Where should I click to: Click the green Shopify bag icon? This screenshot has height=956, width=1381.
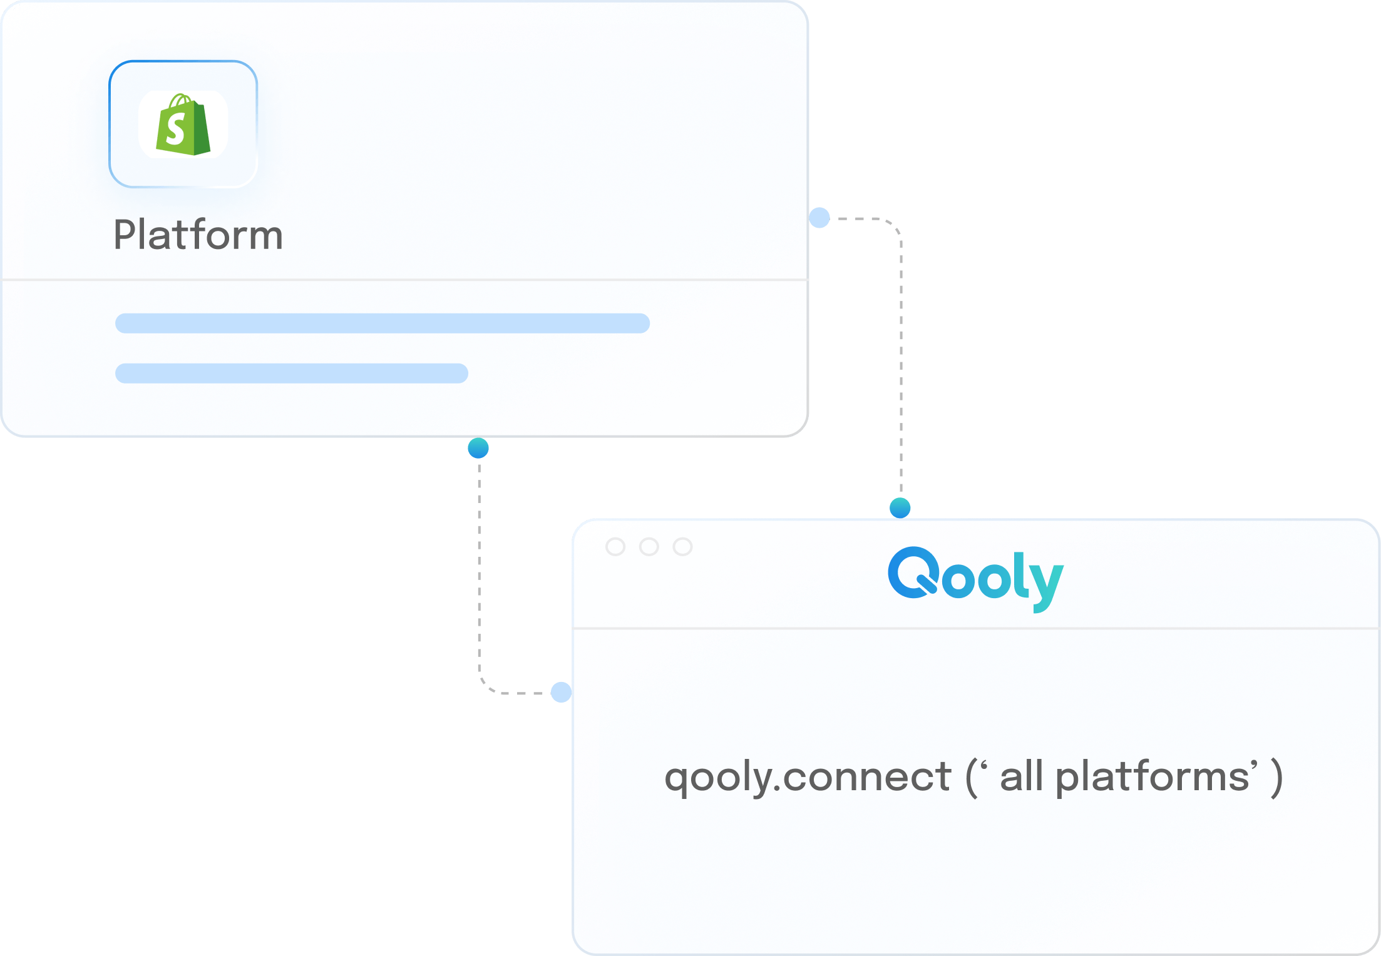(x=183, y=125)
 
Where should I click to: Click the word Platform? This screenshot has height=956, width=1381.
(x=198, y=235)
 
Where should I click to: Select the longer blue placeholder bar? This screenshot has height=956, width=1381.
(x=382, y=323)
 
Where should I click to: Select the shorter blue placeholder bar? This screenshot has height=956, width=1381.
(x=291, y=374)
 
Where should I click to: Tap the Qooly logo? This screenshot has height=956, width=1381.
(x=975, y=578)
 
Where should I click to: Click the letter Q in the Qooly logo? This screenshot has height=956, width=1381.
(x=912, y=572)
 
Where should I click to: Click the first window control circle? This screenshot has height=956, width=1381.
(x=615, y=547)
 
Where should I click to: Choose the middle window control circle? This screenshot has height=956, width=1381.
(x=649, y=547)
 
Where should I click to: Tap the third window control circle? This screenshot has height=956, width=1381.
(x=682, y=547)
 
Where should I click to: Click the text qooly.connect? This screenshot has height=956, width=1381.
(x=808, y=777)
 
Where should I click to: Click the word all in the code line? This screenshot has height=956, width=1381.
(x=1021, y=776)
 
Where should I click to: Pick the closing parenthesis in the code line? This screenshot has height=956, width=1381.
(x=1276, y=778)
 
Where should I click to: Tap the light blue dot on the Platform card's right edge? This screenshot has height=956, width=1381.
(x=819, y=218)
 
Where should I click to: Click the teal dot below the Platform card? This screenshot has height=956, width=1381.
(x=478, y=448)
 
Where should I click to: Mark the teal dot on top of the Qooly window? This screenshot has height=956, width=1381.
(x=900, y=507)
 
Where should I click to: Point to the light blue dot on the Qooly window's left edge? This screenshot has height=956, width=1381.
(x=561, y=692)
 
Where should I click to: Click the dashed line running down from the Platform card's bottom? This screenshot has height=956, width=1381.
(x=479, y=563)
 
